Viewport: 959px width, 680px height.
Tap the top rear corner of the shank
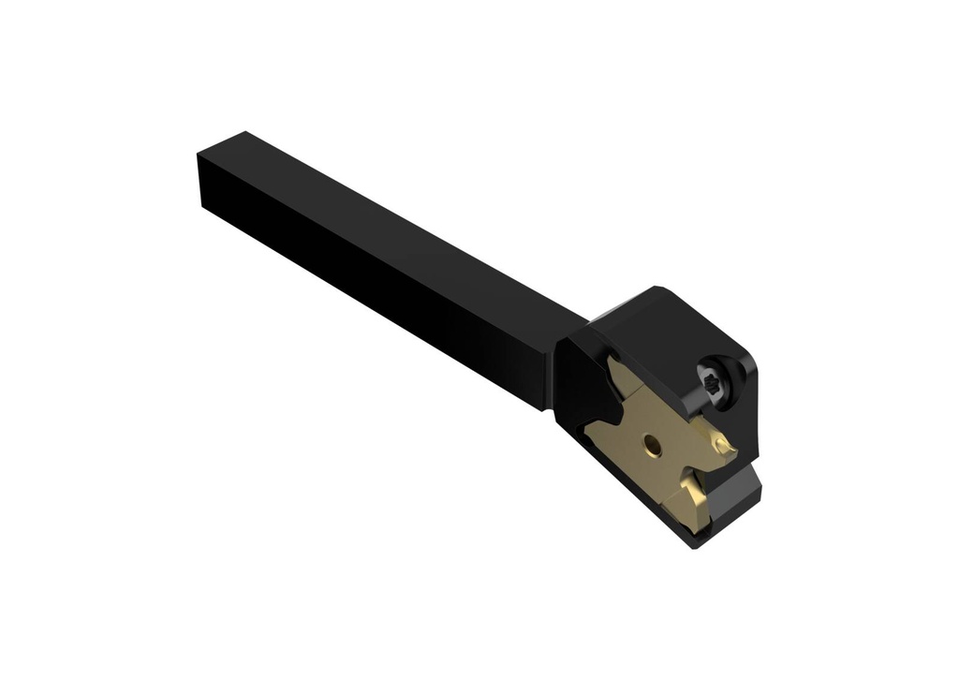point(244,133)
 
